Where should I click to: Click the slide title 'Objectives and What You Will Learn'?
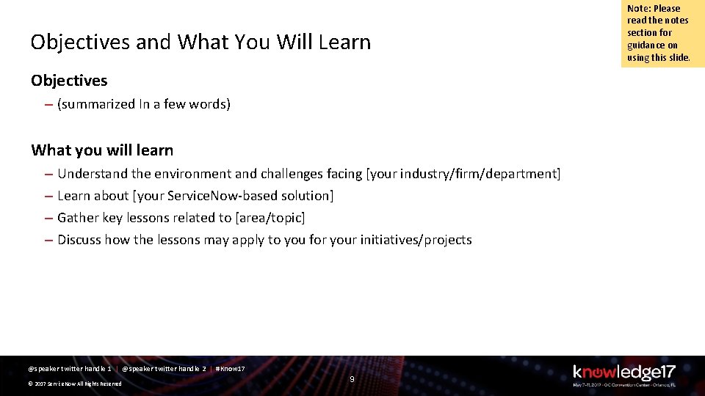tap(200, 42)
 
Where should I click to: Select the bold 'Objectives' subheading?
tap(69, 81)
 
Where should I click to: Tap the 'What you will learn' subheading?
tap(102, 150)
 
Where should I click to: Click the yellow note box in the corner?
tap(662, 34)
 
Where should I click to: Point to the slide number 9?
tap(352, 379)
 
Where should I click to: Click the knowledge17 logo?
tap(623, 373)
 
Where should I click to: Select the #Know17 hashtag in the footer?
tap(230, 368)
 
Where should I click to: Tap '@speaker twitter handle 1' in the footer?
tap(70, 368)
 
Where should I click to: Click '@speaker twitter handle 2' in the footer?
tap(164, 368)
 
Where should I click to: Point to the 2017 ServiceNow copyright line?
tap(74, 384)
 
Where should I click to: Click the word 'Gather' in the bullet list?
tap(78, 218)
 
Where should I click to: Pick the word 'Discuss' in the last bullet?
tap(79, 240)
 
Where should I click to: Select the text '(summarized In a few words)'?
tap(144, 104)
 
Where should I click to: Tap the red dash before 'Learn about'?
tap(47, 196)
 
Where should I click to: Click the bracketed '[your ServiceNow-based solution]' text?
tap(233, 196)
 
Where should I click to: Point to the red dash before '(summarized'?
tap(47, 104)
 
